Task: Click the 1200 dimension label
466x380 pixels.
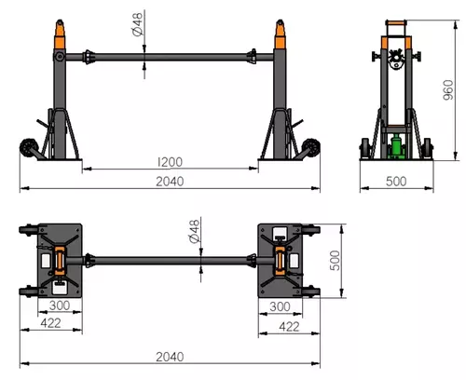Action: click(x=170, y=162)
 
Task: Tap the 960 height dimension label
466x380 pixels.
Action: click(x=448, y=90)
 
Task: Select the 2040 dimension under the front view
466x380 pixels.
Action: click(x=170, y=182)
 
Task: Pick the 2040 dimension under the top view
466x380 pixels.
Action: click(x=170, y=357)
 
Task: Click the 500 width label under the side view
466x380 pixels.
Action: click(x=396, y=182)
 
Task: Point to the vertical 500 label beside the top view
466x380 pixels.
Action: click(x=336, y=261)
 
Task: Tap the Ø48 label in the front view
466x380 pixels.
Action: click(x=138, y=24)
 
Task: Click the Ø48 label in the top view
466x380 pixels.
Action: click(x=194, y=231)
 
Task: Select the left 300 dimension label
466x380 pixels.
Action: click(x=60, y=305)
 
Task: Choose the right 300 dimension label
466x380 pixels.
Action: click(x=280, y=306)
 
